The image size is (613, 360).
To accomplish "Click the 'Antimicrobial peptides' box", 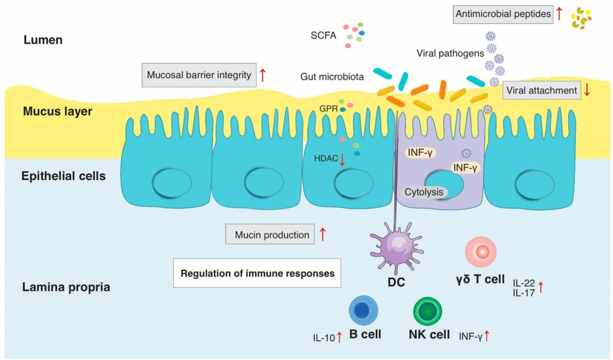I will point(503,14).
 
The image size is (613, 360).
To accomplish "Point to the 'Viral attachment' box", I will point(542,90).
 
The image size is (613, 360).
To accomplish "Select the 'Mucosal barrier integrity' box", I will point(199,75).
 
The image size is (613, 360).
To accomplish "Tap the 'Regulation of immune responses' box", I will point(257,273).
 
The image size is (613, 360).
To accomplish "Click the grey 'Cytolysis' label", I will point(423,192).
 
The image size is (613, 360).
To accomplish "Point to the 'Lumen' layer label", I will point(43,40).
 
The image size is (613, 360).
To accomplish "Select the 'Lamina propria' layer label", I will point(66,288).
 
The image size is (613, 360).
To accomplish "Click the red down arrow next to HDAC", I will point(342,159).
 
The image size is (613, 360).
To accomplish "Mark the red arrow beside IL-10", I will point(339,337).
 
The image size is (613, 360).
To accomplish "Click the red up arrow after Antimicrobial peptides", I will point(558,13).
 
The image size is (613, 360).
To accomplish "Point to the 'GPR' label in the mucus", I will point(329,109).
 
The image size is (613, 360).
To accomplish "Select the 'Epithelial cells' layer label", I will point(64,176).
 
